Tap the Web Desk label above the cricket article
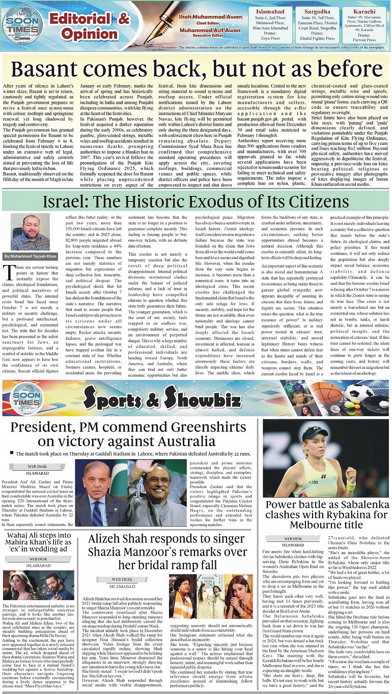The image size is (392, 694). pos(38,466)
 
